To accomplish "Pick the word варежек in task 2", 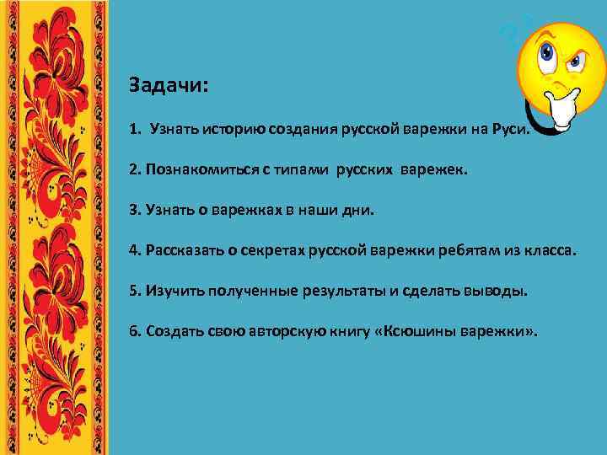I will pos(433,170).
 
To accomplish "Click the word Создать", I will pos(173,331).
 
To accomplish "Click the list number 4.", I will pos(133,250).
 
